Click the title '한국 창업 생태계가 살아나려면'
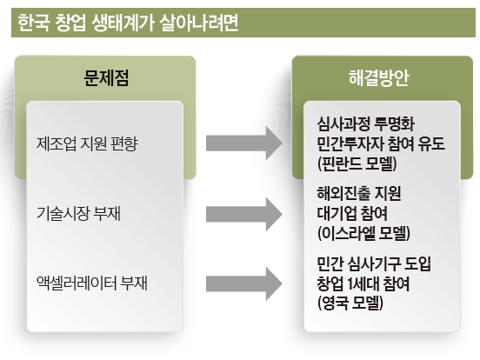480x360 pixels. (x=128, y=23)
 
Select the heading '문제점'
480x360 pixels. (x=106, y=77)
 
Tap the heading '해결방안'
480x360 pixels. (x=379, y=77)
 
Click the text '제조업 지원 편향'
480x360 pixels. (x=87, y=143)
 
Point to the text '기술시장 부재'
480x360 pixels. (x=78, y=213)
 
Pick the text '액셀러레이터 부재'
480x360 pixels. (x=92, y=283)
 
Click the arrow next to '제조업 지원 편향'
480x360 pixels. (x=244, y=143)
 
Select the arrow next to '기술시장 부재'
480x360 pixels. (x=244, y=214)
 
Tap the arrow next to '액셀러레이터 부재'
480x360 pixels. (x=244, y=283)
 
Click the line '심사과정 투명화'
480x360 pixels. (x=366, y=124)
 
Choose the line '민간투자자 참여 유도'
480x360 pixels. (x=381, y=143)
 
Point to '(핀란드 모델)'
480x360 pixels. (x=357, y=163)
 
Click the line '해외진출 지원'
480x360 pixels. (x=359, y=193)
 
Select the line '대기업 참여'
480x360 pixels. (x=352, y=213)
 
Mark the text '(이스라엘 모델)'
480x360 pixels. (x=363, y=233)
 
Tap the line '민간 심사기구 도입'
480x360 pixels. (x=374, y=263)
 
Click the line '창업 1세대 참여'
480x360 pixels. (x=363, y=283)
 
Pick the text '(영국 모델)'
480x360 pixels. (x=350, y=303)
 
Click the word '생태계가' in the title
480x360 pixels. (x=123, y=23)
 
